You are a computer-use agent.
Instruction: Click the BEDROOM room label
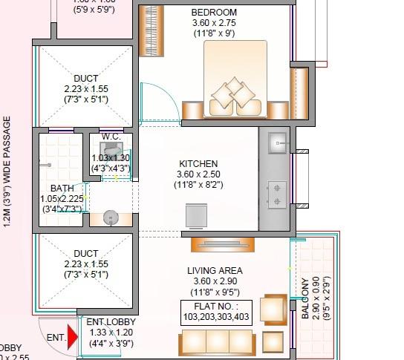click(214, 13)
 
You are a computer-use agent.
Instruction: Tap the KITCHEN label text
click(198, 163)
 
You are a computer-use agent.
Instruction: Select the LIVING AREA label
click(215, 271)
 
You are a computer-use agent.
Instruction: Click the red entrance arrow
click(72, 337)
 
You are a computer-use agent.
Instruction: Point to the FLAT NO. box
click(216, 311)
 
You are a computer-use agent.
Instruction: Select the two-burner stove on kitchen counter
click(278, 193)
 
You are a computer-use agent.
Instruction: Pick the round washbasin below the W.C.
click(110, 217)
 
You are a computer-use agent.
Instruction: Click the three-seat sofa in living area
click(216, 342)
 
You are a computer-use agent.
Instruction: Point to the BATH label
click(62, 188)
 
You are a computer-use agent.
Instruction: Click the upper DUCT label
click(85, 78)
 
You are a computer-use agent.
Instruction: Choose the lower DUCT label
click(85, 254)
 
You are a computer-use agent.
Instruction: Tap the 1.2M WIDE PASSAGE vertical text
click(7, 182)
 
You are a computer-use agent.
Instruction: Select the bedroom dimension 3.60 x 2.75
click(214, 23)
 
